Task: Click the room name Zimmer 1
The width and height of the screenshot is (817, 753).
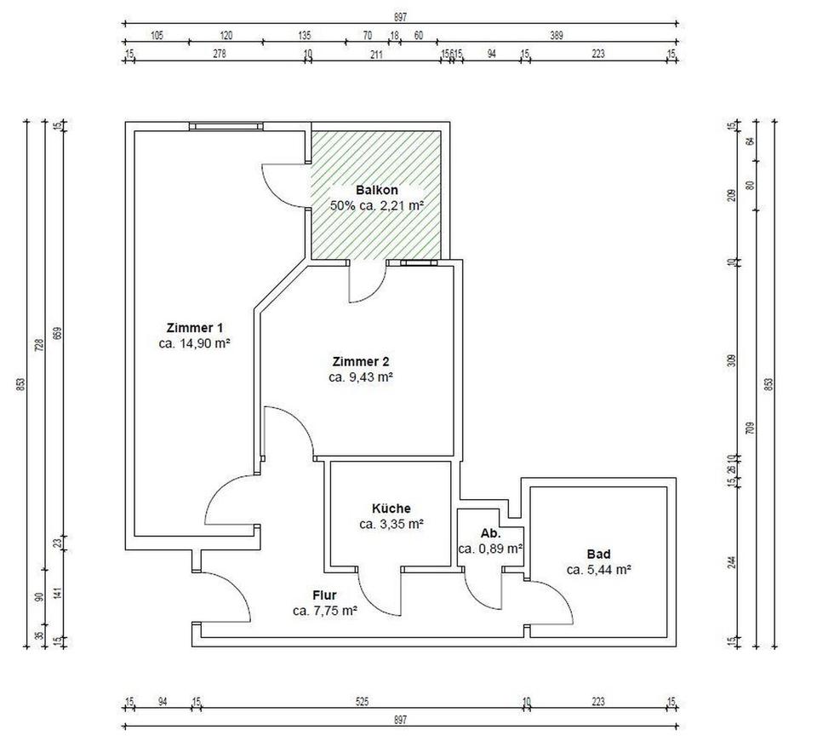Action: [196, 327]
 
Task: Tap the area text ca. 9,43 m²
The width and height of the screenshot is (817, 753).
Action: [360, 376]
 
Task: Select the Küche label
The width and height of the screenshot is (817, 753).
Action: [391, 509]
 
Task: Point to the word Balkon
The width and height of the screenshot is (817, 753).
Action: [376, 190]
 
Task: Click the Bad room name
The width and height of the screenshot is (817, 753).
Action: [598, 554]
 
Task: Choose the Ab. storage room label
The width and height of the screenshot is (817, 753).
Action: [490, 533]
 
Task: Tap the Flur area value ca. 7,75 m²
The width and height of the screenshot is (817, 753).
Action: [324, 610]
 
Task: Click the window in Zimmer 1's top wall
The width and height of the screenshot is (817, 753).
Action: [226, 126]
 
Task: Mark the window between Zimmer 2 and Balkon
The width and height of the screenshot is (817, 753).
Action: [420, 263]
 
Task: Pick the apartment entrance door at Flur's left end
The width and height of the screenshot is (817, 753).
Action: [223, 596]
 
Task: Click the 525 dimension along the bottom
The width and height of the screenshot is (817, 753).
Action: [362, 703]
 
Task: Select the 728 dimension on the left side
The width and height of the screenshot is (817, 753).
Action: [37, 345]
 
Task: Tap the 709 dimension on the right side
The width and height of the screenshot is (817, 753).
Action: [750, 426]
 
